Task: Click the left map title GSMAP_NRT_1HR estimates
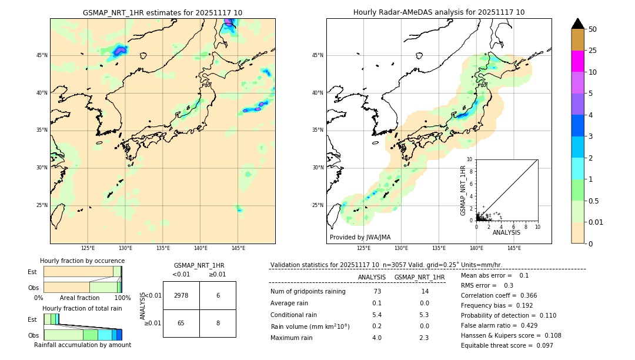point(162,12)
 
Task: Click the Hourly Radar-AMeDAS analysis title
point(439,12)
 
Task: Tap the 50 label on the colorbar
point(593,29)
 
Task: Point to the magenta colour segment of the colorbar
point(577,61)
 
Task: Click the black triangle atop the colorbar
point(577,24)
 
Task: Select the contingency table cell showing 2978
point(181,295)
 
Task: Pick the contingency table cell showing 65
point(181,323)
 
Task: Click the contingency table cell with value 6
point(218,295)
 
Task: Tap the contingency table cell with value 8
point(218,323)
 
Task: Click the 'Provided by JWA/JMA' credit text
point(360,237)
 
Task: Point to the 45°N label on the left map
point(42,55)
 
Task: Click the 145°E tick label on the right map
point(514,248)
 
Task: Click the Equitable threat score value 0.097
point(541,345)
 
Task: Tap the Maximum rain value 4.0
point(376,338)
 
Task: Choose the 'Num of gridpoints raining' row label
point(308,292)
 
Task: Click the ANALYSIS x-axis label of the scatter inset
point(506,232)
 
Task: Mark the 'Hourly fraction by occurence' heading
point(82,261)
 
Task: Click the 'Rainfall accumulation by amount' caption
point(82,345)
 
